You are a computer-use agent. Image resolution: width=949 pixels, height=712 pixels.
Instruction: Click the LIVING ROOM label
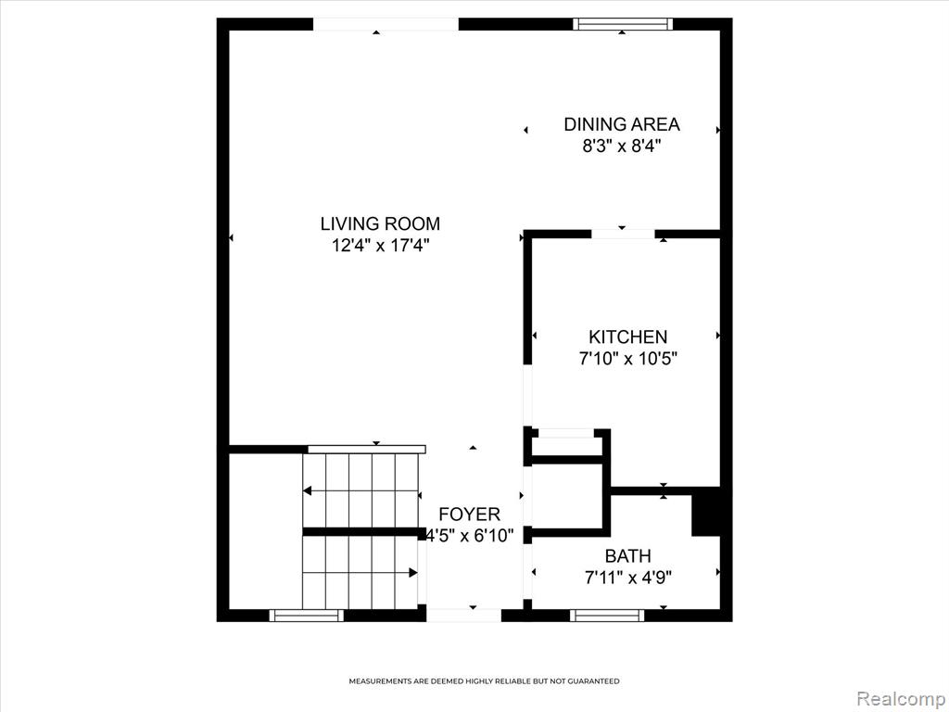pos(380,224)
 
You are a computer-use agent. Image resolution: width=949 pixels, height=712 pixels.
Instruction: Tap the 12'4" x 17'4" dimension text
pos(380,246)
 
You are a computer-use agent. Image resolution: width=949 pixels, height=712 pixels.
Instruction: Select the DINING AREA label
pos(622,124)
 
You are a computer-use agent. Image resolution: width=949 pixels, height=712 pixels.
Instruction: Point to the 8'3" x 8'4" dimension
pos(622,146)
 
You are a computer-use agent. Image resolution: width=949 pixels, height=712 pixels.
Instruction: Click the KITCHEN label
pos(627,337)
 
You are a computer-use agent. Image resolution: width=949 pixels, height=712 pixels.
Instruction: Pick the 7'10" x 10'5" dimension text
pos(627,359)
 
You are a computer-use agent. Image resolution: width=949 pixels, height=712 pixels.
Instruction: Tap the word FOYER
pos(469,515)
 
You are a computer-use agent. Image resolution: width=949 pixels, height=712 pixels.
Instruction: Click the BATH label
pos(627,556)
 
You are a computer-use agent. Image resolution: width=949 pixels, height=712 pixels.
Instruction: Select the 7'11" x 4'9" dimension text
pos(627,578)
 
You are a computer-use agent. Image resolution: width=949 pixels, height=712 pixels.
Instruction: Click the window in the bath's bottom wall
pos(607,616)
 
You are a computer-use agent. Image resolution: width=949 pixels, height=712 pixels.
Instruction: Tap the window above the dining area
pos(623,24)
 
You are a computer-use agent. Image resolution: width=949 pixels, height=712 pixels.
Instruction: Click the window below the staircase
pos(306,616)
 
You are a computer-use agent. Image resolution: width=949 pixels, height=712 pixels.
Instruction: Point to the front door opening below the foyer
pos(463,616)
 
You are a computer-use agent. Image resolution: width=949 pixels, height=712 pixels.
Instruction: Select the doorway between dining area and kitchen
pos(623,234)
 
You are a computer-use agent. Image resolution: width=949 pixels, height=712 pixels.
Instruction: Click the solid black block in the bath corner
pos(705,512)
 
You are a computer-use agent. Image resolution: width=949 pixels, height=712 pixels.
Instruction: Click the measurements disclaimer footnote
pos(484,681)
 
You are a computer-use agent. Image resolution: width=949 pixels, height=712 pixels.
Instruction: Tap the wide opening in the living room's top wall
pos(386,24)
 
